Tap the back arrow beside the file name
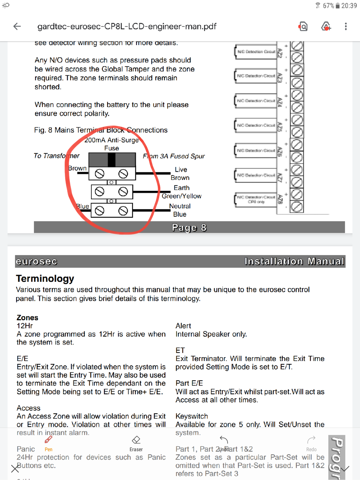click(x=17, y=26)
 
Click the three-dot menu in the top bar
click(x=346, y=26)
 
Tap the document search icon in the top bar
click(x=303, y=27)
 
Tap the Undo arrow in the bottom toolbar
click(x=224, y=440)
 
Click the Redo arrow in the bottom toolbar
click(x=311, y=440)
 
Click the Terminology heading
click(x=45, y=278)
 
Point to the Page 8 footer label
click(x=189, y=228)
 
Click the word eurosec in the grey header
click(x=37, y=261)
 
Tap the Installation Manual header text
click(x=294, y=261)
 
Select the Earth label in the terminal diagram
click(x=181, y=188)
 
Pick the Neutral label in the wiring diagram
click(x=180, y=206)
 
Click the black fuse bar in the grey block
click(x=112, y=160)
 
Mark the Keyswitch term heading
click(x=192, y=416)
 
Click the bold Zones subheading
click(x=27, y=317)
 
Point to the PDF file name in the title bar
click(x=127, y=26)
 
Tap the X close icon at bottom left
click(x=15, y=469)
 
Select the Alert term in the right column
click(x=183, y=326)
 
